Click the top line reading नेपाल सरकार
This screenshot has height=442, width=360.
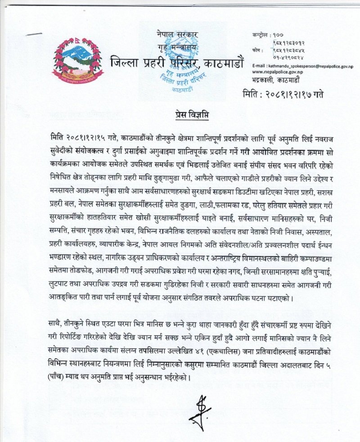(x=177, y=34)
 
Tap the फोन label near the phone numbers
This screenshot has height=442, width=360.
(x=256, y=45)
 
